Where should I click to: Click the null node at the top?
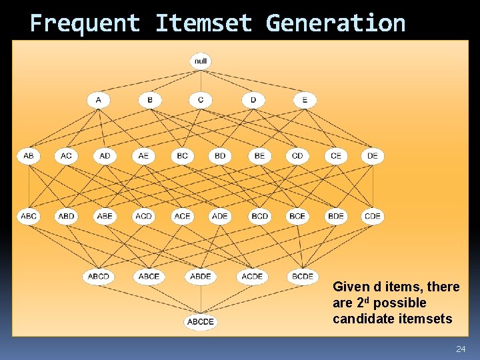(x=201, y=61)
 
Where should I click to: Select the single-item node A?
(x=99, y=100)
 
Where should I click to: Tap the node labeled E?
(x=305, y=100)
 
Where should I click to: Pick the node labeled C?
(x=201, y=100)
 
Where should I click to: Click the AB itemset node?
(x=29, y=156)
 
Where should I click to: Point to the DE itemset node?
(x=373, y=156)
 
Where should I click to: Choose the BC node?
(x=182, y=156)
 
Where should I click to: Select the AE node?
(x=143, y=156)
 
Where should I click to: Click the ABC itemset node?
(x=29, y=216)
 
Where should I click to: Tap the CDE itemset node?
(x=373, y=216)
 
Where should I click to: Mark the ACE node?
(x=182, y=216)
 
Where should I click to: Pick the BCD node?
(x=259, y=216)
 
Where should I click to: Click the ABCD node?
(x=99, y=276)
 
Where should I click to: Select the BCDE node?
(x=303, y=276)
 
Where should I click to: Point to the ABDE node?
(x=201, y=276)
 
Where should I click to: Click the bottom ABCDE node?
(x=201, y=322)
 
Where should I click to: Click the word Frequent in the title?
(x=85, y=23)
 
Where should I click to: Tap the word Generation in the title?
(x=335, y=23)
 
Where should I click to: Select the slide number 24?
(x=460, y=349)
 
